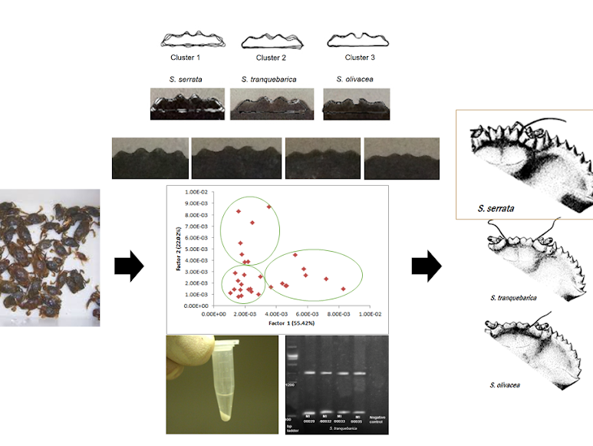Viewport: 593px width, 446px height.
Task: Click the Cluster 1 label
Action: pyautogui.click(x=185, y=58)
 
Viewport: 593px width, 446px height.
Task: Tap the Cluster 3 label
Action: pyautogui.click(x=359, y=58)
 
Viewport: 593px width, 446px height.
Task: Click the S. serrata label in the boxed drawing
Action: pyautogui.click(x=495, y=207)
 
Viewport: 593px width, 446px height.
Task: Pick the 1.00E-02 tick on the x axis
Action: pyautogui.click(x=371, y=314)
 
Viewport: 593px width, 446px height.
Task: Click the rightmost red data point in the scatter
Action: pyautogui.click(x=343, y=289)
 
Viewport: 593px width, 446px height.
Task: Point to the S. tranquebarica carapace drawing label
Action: pyautogui.click(x=513, y=296)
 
